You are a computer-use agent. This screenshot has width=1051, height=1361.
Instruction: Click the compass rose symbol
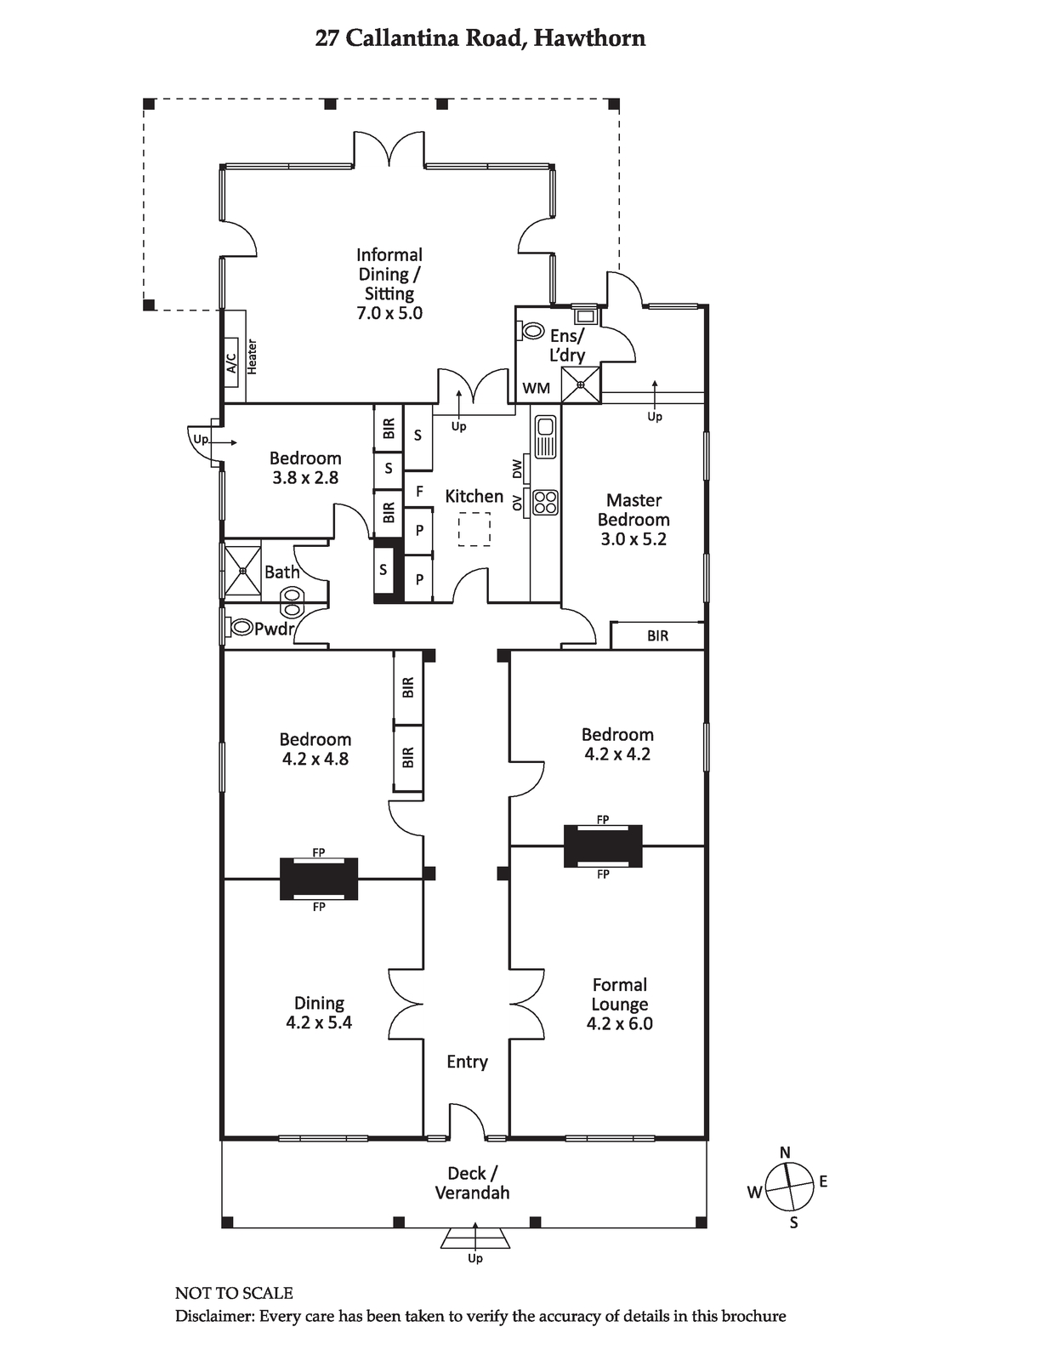(789, 1187)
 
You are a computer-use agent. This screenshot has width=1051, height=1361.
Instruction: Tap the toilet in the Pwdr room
(240, 626)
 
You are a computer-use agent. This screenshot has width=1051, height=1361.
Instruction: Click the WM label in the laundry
(537, 389)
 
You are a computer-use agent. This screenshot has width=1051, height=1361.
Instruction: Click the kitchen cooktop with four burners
(544, 503)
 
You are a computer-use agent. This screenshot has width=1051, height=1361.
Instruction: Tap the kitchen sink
(545, 436)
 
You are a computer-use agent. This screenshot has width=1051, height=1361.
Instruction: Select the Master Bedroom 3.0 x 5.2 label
(633, 519)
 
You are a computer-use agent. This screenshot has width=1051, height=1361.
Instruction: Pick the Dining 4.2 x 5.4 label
(319, 1013)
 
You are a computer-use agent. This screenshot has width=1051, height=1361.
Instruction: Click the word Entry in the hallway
(467, 1062)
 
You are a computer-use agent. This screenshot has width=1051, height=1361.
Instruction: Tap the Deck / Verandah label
(473, 1183)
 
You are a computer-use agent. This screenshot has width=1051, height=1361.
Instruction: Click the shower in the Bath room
(243, 570)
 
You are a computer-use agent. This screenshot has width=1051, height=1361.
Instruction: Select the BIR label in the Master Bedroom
(657, 636)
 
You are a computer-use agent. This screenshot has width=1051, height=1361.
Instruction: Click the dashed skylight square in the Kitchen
(474, 529)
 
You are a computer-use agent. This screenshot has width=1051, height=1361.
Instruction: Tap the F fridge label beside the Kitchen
(419, 492)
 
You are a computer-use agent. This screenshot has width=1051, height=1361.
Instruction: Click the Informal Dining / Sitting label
(389, 284)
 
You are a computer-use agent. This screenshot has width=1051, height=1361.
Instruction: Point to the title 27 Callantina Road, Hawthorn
(480, 39)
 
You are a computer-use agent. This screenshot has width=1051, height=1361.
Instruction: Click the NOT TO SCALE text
(234, 1293)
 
